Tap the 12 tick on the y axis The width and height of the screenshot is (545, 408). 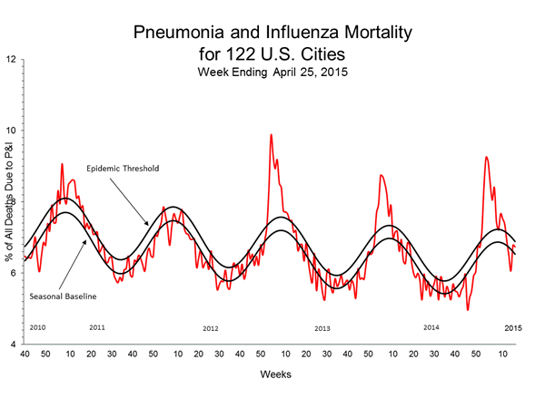tap(11, 60)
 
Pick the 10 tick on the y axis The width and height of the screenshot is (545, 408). tap(11, 131)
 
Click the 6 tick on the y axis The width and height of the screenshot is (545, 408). tap(11, 273)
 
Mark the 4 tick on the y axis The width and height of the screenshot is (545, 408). tap(11, 345)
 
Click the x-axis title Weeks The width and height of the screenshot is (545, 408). tap(272, 373)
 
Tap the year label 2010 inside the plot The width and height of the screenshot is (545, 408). tap(38, 326)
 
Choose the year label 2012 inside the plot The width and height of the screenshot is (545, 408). tap(210, 327)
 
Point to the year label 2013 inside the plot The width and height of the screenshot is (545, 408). tap(322, 327)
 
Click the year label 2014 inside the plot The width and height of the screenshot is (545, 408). tap(431, 326)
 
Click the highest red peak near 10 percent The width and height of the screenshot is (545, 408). tap(271, 135)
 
